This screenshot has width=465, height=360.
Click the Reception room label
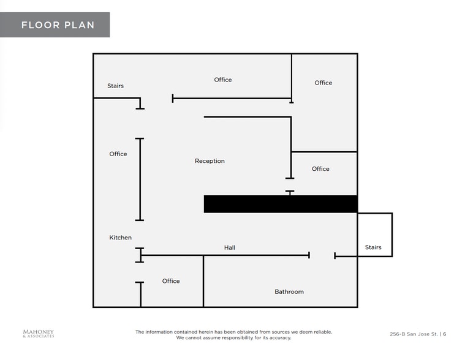(210, 161)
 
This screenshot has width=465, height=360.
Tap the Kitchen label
(121, 238)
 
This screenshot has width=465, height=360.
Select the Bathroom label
(289, 291)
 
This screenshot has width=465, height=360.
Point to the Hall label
(230, 247)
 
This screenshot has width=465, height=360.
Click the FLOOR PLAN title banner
(55, 25)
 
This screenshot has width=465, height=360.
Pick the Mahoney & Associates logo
(39, 334)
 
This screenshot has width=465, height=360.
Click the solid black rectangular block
(281, 204)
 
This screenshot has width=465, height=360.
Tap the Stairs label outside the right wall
(373, 247)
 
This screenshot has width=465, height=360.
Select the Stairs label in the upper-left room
(115, 86)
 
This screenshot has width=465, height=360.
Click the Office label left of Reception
(118, 154)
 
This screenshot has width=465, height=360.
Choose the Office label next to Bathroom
(171, 281)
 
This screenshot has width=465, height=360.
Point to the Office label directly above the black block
(320, 168)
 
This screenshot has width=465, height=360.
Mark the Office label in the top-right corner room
(323, 83)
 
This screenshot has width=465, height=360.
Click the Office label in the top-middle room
(223, 80)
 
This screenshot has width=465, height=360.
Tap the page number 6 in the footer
(445, 334)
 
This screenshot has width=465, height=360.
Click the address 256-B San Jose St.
(414, 334)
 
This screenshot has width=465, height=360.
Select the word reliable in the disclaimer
(323, 332)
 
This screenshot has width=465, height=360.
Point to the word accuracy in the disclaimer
(281, 338)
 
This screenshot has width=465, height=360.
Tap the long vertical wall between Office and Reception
(140, 179)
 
